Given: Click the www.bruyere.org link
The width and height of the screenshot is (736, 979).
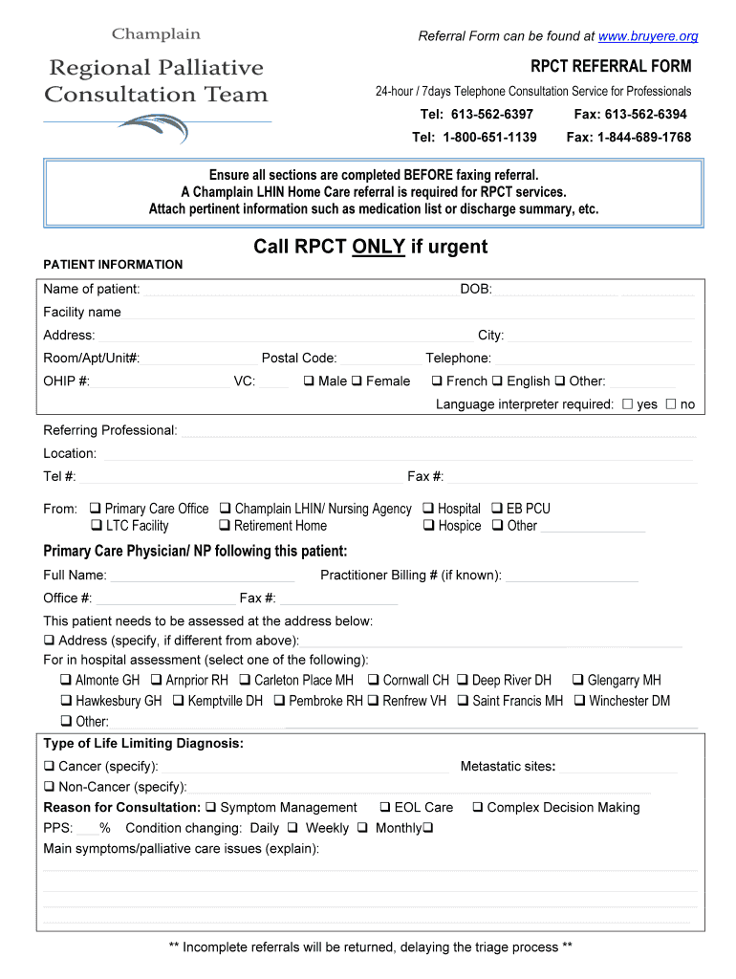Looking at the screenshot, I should (648, 36).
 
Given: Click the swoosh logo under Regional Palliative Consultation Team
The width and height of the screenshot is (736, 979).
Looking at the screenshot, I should (154, 128).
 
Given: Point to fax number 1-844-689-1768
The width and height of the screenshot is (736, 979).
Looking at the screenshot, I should (629, 137).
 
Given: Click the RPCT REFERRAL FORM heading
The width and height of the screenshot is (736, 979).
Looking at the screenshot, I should (611, 66).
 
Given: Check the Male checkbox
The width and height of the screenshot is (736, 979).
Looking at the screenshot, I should (309, 381).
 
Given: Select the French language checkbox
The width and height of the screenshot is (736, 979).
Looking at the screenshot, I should (436, 381).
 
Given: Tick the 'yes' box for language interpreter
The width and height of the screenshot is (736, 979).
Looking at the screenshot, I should (627, 404).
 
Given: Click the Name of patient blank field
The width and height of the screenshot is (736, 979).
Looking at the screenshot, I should (296, 290).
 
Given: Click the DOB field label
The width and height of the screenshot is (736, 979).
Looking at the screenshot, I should (476, 289).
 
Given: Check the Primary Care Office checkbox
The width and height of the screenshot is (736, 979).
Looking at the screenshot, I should (96, 509).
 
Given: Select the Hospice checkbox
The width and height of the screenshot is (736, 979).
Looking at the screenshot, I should (429, 526).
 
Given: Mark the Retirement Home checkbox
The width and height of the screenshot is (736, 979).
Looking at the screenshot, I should (225, 526).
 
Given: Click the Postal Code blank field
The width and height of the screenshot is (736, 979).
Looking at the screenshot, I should (380, 359).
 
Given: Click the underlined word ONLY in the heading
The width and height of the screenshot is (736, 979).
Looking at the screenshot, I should (379, 247).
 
